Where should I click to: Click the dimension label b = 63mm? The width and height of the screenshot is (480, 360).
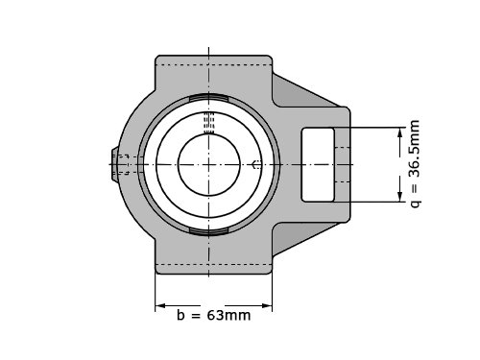(x=213, y=315)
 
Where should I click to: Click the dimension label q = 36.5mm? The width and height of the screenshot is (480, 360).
(x=415, y=163)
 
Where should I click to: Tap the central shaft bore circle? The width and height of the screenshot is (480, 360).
(x=209, y=164)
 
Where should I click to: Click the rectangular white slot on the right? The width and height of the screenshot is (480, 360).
(x=318, y=164)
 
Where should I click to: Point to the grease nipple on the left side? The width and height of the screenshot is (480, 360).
(x=115, y=164)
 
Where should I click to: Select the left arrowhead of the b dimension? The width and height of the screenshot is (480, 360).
(x=160, y=305)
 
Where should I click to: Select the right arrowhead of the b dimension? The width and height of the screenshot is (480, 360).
(x=267, y=305)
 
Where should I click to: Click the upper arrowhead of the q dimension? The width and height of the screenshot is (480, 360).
(x=399, y=132)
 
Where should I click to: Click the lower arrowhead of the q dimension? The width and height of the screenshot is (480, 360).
(x=399, y=197)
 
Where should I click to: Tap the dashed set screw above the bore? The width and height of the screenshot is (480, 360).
(x=209, y=123)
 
